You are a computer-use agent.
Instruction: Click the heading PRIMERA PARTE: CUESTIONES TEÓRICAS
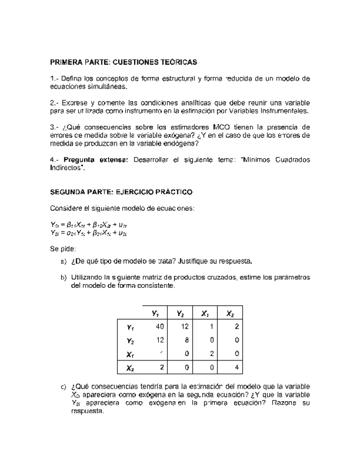coord(123,63)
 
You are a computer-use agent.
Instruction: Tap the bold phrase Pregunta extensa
coord(97,160)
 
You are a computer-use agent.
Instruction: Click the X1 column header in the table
coord(205,314)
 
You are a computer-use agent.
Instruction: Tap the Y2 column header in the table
coord(179,314)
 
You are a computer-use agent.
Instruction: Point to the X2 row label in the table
coord(130,368)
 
